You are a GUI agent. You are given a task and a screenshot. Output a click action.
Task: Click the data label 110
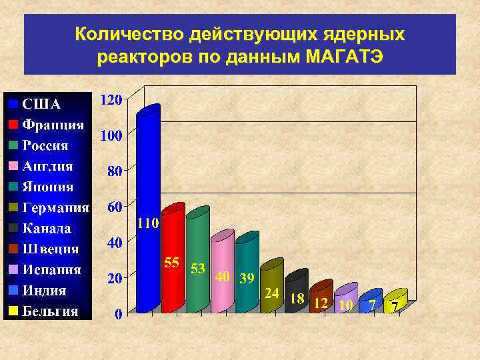(148, 223)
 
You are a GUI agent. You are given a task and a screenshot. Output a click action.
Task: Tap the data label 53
(197, 268)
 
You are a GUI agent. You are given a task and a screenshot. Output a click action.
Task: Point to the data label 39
(247, 279)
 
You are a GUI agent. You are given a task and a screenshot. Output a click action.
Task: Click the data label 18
(297, 299)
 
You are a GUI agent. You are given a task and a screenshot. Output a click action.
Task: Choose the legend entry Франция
(53, 125)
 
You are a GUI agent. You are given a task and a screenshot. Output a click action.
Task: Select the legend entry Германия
(56, 207)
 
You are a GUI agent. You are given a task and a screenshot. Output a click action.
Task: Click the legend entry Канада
(47, 228)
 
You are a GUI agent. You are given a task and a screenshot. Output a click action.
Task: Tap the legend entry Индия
(45, 290)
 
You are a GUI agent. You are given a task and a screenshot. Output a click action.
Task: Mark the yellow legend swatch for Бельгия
(13, 311)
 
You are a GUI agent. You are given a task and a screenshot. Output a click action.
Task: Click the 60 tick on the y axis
(114, 207)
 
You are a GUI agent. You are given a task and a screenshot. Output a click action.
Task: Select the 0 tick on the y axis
(118, 315)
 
